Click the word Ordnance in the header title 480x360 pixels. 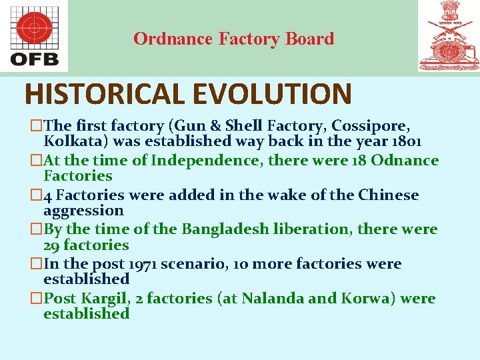173,39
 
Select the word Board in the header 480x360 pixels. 309,39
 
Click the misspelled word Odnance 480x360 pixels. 405,160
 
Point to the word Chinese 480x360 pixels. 389,195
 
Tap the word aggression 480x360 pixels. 83,211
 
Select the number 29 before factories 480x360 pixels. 52,245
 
